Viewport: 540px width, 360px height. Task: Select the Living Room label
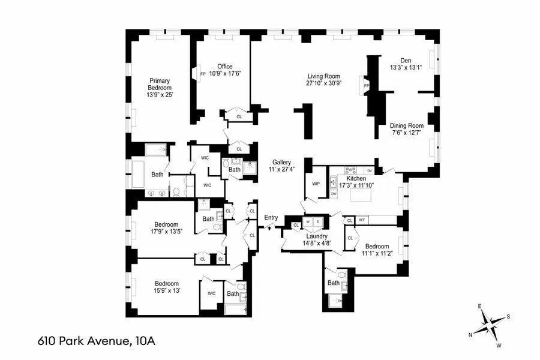tap(324, 76)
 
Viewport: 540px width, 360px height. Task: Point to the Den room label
tap(406, 59)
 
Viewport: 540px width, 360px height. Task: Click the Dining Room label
tap(406, 125)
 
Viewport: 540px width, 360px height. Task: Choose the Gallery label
tap(281, 163)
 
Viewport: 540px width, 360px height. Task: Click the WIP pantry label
tap(315, 184)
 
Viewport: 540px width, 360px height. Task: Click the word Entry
tap(271, 217)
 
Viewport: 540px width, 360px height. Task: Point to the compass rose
tap(491, 325)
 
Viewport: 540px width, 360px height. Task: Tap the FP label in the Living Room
tap(366, 86)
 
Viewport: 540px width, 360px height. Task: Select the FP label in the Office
tap(202, 74)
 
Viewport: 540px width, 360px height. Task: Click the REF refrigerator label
tap(362, 220)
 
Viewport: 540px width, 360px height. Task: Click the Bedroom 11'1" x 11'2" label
tap(377, 247)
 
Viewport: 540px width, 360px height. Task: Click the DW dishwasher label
tap(334, 193)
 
